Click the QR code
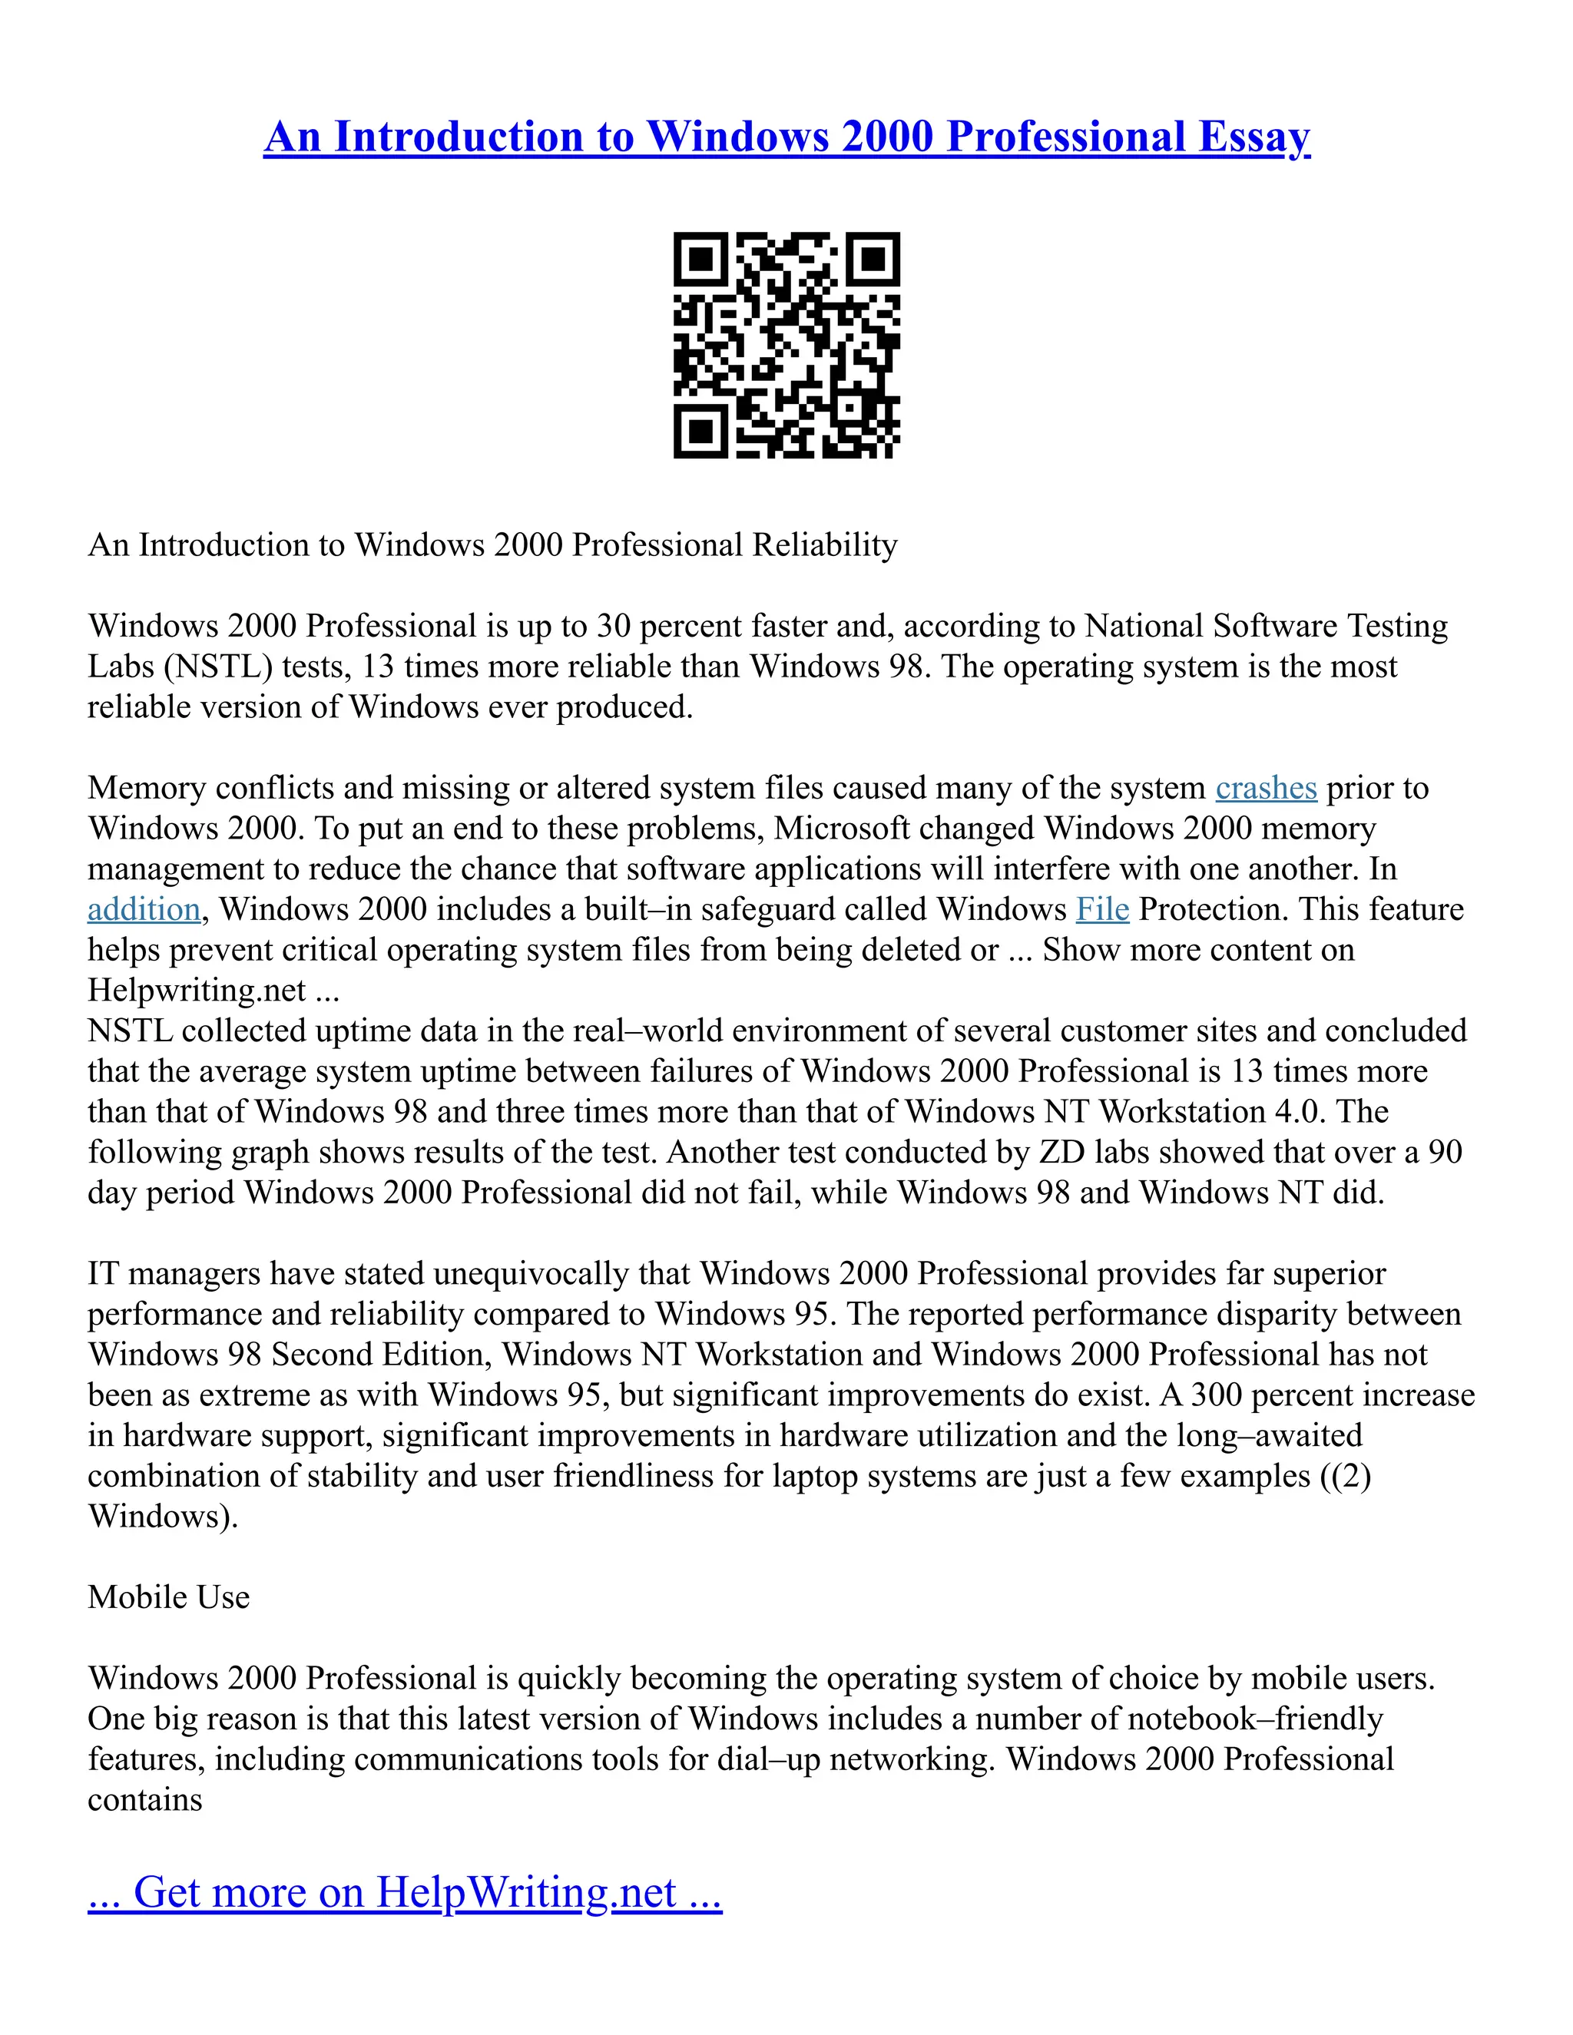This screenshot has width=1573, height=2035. (x=786, y=345)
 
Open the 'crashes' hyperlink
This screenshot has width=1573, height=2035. (x=1266, y=789)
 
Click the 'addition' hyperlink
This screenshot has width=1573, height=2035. (x=144, y=909)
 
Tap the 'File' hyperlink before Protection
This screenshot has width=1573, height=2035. (x=1102, y=909)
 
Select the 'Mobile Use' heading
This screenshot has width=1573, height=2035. (x=169, y=1597)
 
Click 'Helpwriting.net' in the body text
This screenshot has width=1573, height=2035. (x=197, y=991)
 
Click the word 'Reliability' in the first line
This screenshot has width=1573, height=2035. (x=825, y=545)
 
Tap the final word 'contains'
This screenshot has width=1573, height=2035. (x=144, y=1799)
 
